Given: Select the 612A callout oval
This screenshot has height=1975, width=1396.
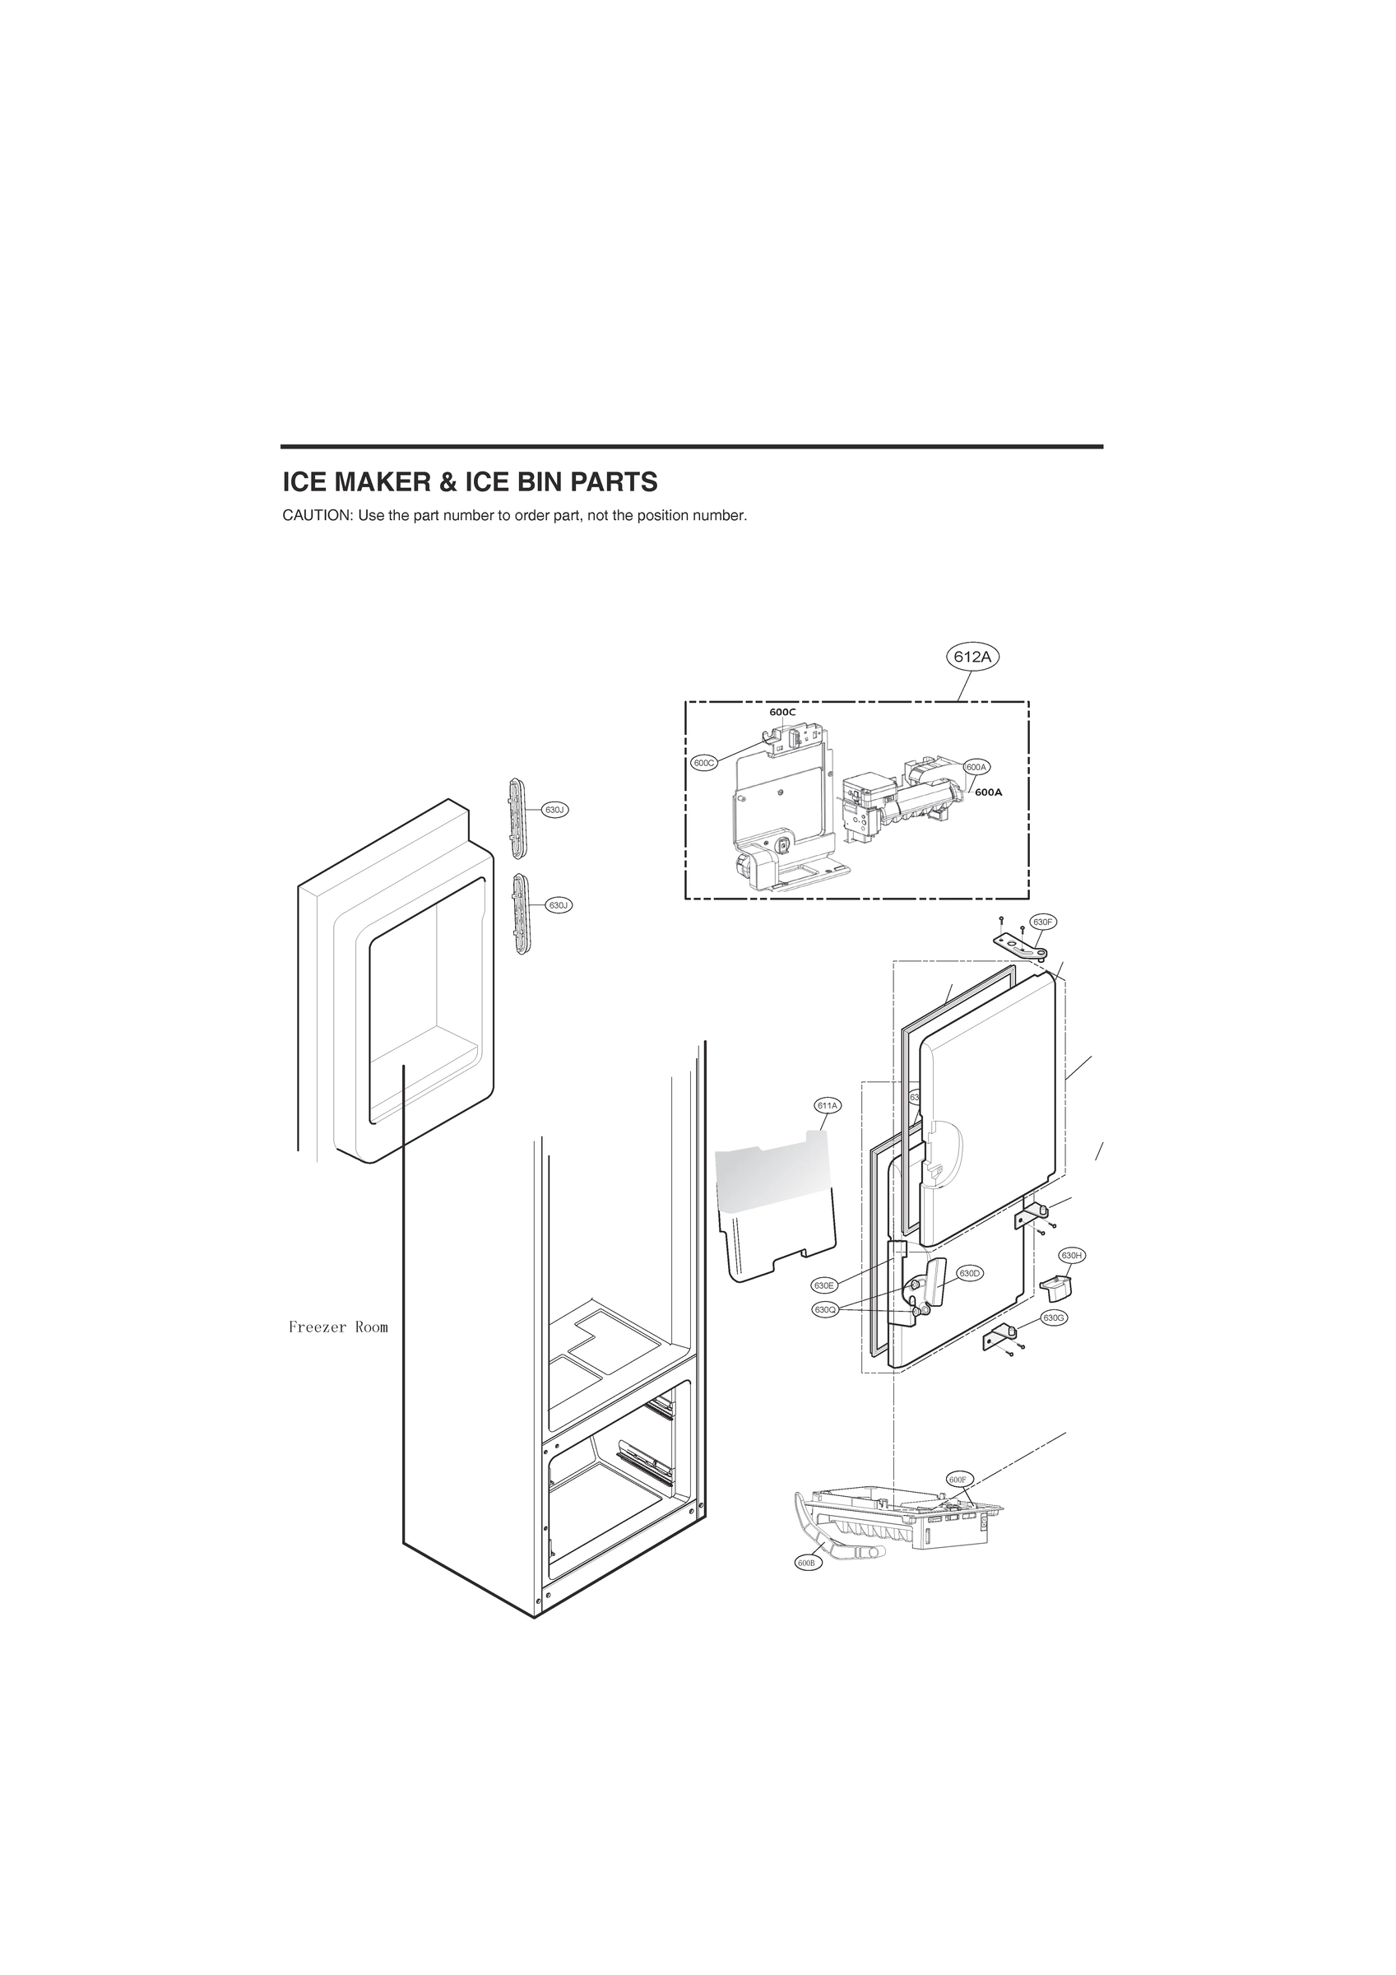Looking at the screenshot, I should (973, 658).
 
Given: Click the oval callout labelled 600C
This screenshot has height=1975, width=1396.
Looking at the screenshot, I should (703, 763).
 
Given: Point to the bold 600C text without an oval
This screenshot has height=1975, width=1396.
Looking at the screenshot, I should (781, 713).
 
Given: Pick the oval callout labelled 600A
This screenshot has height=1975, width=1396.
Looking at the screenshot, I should (976, 766).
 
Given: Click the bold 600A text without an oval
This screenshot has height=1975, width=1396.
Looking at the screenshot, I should (988, 792).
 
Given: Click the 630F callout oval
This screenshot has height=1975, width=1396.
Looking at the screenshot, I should (1042, 922).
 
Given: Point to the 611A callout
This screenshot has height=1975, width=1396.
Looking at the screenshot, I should (828, 1104).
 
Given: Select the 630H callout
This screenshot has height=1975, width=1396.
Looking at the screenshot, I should (1071, 1256).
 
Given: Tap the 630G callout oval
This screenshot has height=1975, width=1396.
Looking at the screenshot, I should (1054, 1317).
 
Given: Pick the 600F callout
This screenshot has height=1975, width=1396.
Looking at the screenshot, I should (958, 1479).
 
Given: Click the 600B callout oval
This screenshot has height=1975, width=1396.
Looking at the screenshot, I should (809, 1563).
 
